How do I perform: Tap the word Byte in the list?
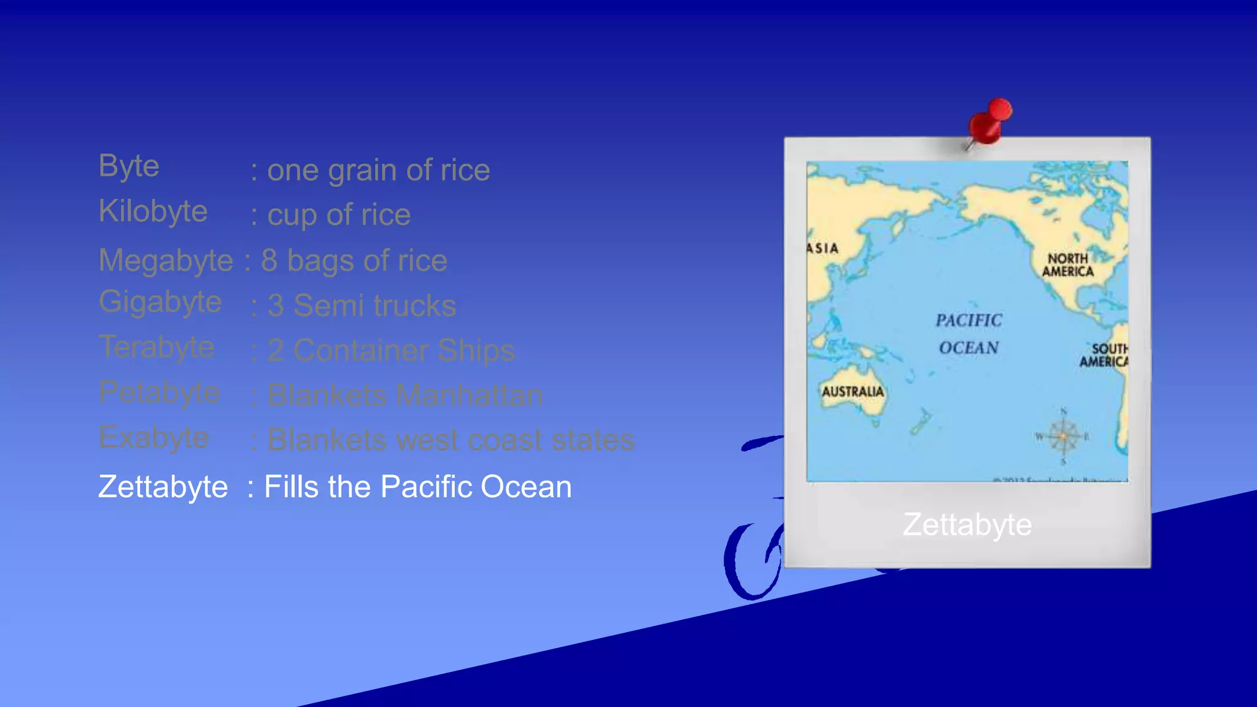tap(129, 166)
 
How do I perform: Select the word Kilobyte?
tap(153, 212)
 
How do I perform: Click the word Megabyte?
tap(166, 260)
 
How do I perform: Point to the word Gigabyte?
tap(160, 302)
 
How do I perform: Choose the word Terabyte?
tap(157, 347)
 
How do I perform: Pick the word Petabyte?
tap(159, 392)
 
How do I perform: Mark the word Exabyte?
tap(153, 438)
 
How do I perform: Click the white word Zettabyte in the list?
tap(163, 487)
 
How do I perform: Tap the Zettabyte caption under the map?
tap(967, 525)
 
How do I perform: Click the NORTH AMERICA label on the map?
tap(1067, 265)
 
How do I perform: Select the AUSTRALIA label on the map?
tap(853, 392)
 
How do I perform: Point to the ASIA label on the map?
tap(822, 249)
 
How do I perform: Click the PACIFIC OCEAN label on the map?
tap(969, 334)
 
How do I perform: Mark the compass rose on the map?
tap(1063, 436)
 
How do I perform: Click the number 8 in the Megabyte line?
tap(269, 260)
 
